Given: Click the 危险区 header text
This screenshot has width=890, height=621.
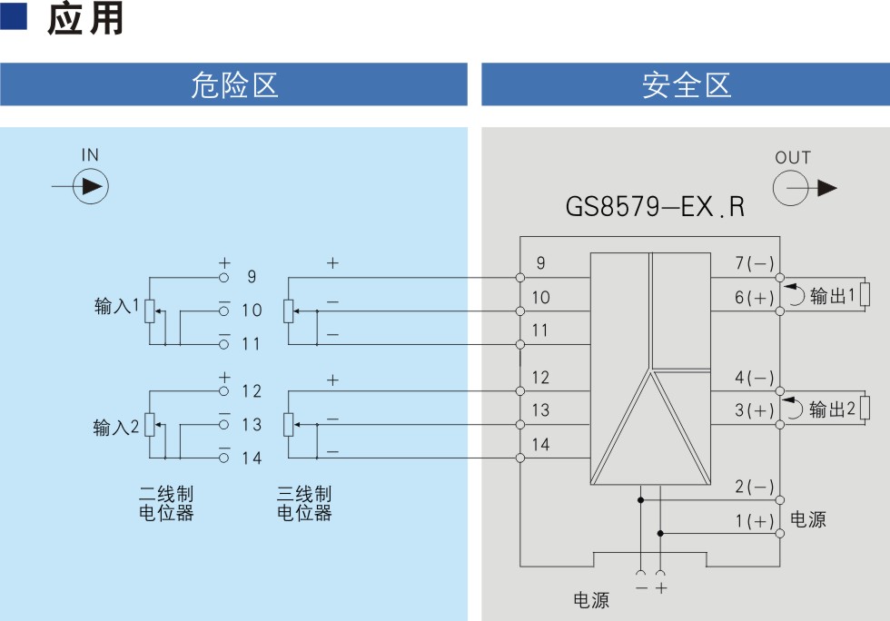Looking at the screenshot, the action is [234, 85].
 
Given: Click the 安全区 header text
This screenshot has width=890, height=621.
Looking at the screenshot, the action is [687, 85].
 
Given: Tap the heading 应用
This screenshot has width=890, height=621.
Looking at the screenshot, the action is [85, 19].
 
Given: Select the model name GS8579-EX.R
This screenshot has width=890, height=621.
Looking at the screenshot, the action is [655, 206].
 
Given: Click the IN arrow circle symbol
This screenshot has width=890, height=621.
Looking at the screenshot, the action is [91, 186].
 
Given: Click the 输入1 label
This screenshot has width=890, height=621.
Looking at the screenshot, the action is [116, 306].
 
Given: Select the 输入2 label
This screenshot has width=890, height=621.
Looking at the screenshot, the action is [116, 427].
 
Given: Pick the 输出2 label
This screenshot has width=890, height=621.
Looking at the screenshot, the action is [832, 409].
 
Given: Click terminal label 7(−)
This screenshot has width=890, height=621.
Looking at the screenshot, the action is [755, 262].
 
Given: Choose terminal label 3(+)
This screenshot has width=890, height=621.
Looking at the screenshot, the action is [755, 409].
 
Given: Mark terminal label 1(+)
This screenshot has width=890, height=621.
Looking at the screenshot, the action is [755, 520].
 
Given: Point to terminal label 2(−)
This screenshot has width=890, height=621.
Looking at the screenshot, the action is [755, 487].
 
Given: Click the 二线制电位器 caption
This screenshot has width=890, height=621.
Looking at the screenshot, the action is [166, 503].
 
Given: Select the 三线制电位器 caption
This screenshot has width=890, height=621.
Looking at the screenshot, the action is [304, 503].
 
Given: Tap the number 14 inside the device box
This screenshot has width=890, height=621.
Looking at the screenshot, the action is [540, 445].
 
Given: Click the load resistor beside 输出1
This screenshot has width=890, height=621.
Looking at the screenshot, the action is [865, 294].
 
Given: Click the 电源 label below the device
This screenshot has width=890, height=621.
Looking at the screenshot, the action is [591, 600].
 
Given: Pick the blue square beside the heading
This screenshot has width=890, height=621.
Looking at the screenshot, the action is [14, 16].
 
